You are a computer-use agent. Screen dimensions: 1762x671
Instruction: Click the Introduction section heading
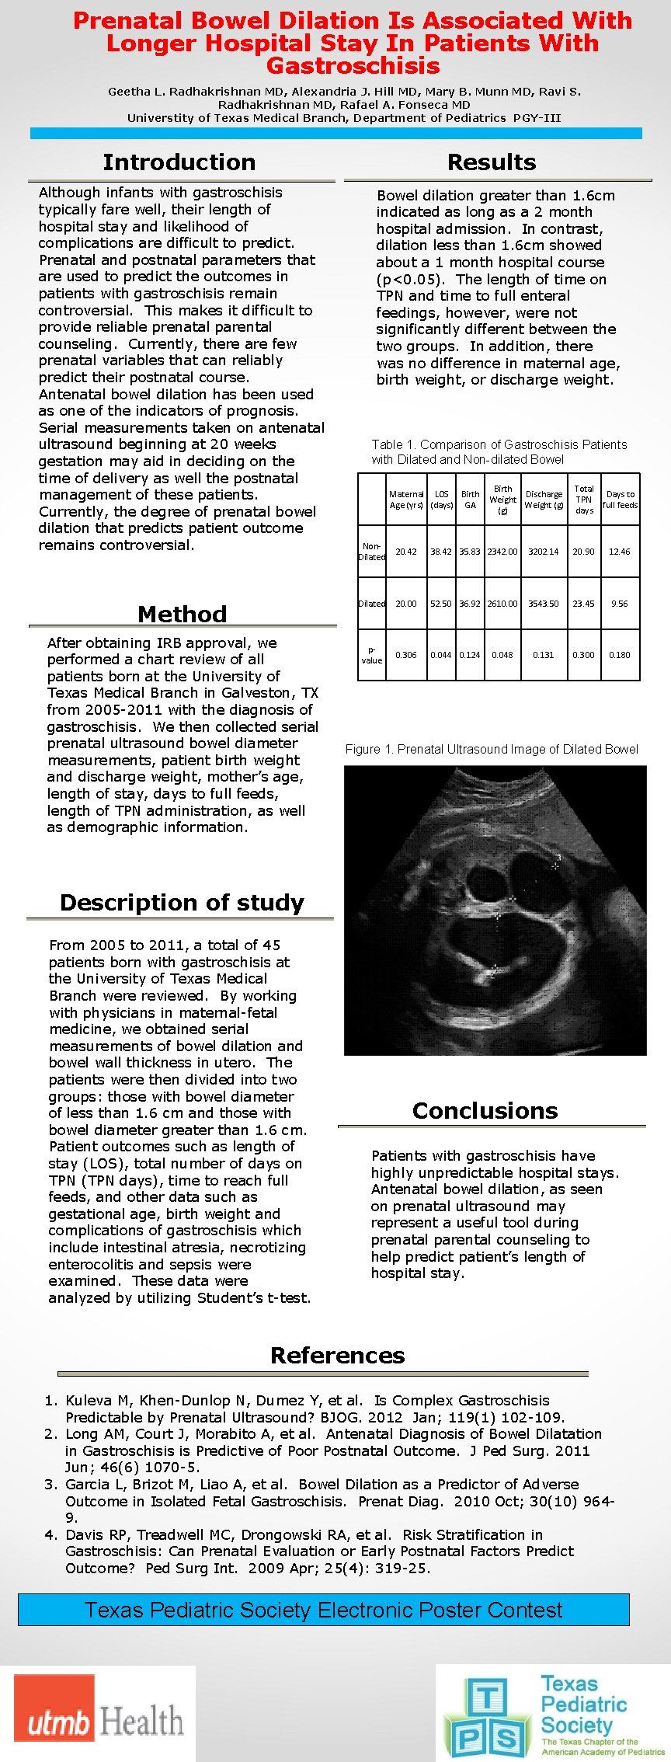click(179, 162)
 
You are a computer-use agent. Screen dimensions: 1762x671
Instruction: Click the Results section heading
click(492, 162)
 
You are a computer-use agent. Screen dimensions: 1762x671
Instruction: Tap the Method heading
click(183, 614)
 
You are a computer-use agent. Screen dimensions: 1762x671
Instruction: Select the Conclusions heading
click(485, 1111)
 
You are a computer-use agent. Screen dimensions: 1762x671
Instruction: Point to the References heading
click(337, 1356)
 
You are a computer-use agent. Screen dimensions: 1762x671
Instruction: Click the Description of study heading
click(182, 903)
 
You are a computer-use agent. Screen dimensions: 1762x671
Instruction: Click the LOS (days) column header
click(441, 500)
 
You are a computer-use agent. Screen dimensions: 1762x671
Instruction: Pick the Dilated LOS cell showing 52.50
click(441, 604)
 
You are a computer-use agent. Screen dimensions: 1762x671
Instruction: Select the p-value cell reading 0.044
click(441, 655)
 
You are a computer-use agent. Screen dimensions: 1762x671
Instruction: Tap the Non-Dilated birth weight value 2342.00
click(502, 552)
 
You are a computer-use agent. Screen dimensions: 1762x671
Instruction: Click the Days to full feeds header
click(620, 500)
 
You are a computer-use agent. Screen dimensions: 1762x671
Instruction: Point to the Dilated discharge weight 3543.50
click(544, 604)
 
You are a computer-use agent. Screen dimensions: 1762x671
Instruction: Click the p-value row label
click(371, 655)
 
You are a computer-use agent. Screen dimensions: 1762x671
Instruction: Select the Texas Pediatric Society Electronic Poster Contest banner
click(323, 1609)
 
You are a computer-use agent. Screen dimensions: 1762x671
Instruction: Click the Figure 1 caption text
click(492, 749)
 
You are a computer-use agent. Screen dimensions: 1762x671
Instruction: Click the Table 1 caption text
click(499, 451)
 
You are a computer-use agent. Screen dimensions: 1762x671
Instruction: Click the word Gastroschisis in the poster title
click(353, 65)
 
